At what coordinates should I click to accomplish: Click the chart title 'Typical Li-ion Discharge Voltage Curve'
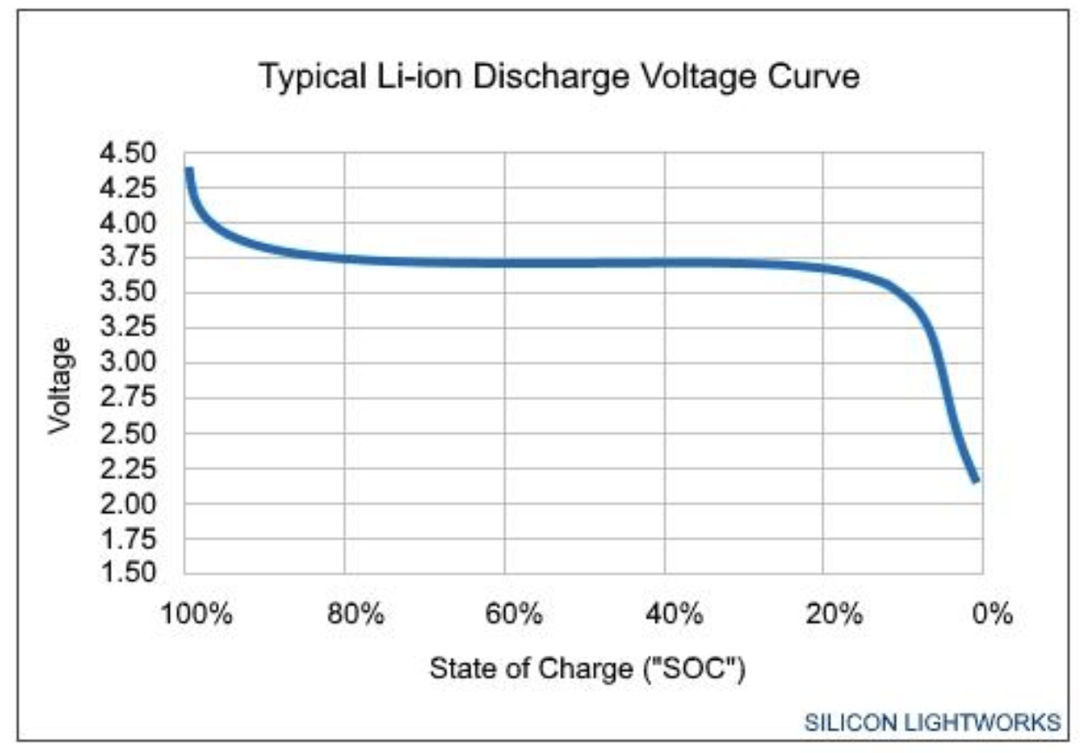click(560, 77)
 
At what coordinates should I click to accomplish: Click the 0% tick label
click(992, 615)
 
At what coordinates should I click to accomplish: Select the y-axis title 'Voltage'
click(59, 387)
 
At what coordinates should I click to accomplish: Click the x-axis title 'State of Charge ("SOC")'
click(589, 670)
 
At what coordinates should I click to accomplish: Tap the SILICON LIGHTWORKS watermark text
click(932, 723)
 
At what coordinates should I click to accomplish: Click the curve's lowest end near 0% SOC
click(977, 478)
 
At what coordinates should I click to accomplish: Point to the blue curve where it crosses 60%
click(505, 263)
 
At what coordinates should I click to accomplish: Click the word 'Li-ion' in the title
click(399, 77)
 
